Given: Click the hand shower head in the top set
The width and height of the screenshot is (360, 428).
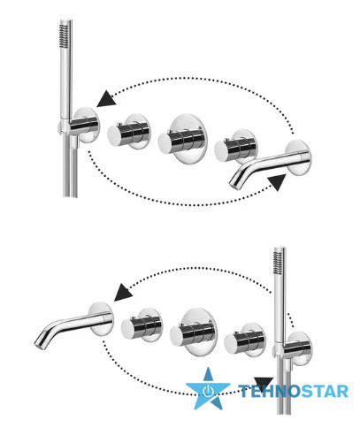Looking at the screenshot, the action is (x=66, y=71).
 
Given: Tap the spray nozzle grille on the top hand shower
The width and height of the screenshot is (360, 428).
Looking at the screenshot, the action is (x=64, y=36).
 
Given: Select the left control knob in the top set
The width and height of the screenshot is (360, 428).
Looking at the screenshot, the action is (x=128, y=132).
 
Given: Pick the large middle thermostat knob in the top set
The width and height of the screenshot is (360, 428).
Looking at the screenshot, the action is (x=182, y=138).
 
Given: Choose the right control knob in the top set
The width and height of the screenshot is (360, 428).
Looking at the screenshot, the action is (x=235, y=146).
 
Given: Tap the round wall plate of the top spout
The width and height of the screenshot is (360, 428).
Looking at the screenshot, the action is (x=298, y=157).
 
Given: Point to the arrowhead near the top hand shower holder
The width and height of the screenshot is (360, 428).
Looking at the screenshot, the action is (x=106, y=98).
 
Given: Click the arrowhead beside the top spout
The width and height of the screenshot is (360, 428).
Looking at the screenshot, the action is (x=278, y=182).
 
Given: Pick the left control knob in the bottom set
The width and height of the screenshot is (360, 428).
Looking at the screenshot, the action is (x=142, y=325).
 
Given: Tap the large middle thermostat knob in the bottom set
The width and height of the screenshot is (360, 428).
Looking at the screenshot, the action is (x=194, y=332).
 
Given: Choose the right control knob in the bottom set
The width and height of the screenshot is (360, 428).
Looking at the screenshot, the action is (x=245, y=340).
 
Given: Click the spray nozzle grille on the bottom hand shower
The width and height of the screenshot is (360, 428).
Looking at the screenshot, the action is (x=278, y=264).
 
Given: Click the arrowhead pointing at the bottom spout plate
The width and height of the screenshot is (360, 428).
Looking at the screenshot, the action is (x=123, y=293).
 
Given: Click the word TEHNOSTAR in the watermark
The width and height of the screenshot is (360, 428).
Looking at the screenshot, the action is (x=294, y=392).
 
